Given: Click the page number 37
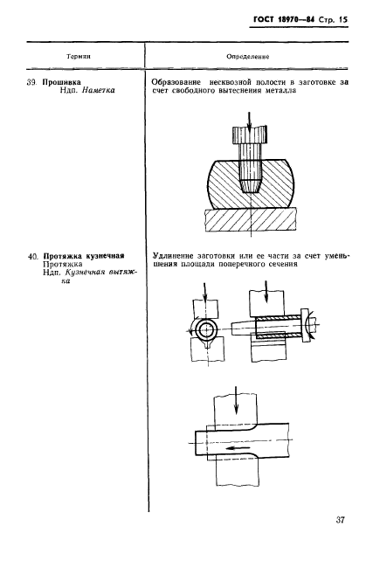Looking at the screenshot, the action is (340, 520).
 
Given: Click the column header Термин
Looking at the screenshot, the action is (79, 57).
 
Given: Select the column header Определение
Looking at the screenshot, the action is (248, 57).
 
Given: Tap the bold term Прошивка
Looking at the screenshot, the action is (61, 82).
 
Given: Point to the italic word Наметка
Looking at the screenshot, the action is (98, 90).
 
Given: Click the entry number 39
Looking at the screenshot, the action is (32, 82).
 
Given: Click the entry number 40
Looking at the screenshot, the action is (34, 256).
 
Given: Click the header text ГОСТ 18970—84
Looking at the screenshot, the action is (284, 20).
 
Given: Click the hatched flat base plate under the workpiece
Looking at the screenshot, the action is (251, 220).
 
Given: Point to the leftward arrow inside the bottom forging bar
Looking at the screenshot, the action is (236, 448).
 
